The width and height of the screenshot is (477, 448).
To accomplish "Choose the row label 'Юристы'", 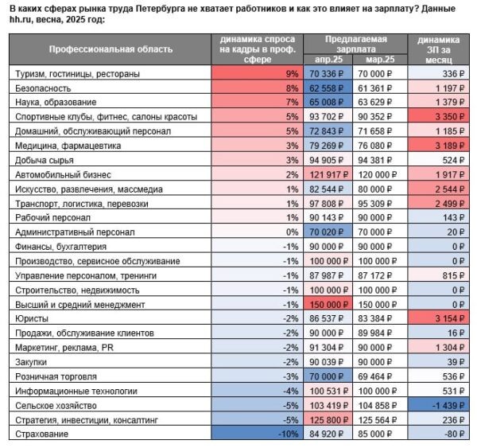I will point(32,317).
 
